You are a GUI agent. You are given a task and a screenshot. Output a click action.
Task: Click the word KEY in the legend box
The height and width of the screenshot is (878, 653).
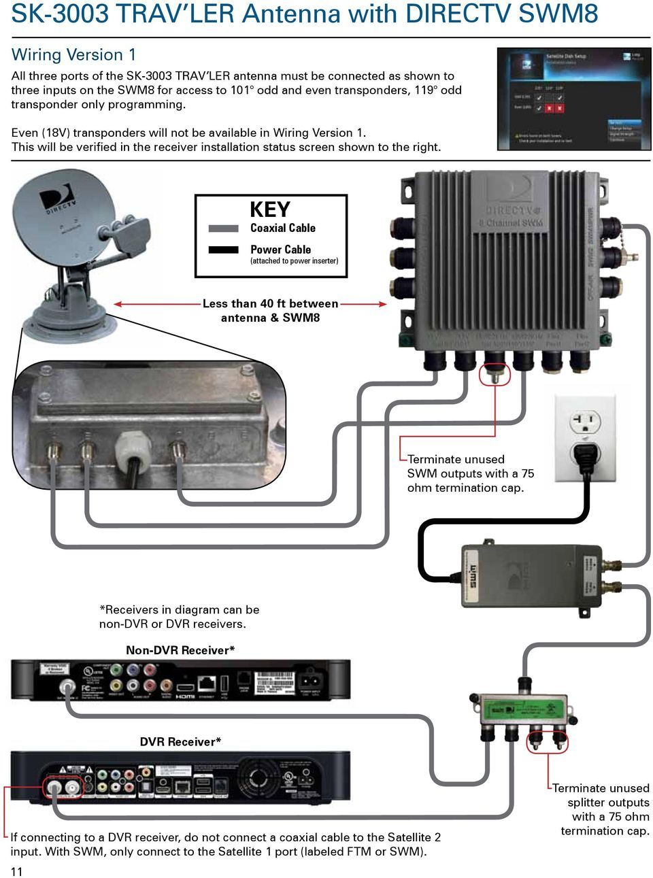269,209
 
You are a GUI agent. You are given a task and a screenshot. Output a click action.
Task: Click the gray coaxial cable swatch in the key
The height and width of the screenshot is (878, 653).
223,229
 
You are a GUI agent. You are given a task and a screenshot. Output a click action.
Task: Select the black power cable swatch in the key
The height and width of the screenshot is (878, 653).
223,250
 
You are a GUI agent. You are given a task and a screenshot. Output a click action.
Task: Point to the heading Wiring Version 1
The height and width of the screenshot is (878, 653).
73,54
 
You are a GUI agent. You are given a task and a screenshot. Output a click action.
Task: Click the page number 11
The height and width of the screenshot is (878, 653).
16,871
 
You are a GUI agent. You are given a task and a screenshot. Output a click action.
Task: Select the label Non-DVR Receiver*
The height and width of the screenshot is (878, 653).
180,650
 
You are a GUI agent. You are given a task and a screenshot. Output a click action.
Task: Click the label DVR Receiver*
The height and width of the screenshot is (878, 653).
180,741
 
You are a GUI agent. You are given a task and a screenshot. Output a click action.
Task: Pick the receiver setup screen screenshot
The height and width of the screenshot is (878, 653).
573,99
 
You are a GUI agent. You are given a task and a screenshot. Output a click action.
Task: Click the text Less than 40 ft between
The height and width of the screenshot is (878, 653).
270,303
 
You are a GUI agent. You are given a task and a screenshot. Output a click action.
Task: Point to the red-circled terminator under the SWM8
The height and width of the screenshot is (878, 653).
494,373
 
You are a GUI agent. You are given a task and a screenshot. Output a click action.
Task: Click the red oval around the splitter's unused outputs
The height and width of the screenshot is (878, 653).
548,739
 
